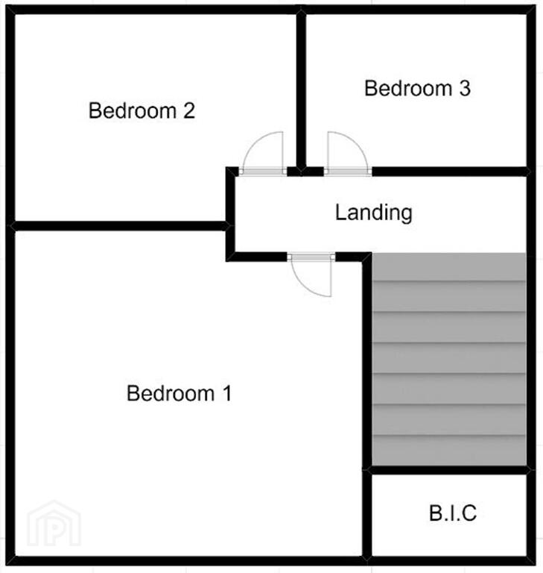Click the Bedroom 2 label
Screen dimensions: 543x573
point(142,110)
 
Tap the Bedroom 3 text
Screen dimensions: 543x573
point(417,89)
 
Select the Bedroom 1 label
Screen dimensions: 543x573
point(180,393)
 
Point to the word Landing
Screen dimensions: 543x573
point(374,213)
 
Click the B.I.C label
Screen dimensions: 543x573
point(453,513)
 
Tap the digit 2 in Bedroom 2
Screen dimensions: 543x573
point(189,110)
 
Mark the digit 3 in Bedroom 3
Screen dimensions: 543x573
point(465,89)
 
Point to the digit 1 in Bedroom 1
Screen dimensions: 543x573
point(227,393)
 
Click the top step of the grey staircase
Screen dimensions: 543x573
point(449,267)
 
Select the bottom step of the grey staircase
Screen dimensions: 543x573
point(449,450)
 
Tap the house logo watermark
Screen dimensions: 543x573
point(54,524)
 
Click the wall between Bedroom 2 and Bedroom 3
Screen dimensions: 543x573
point(301,91)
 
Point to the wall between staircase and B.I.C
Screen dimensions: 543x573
point(449,470)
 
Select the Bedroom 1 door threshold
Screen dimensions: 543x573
point(311,257)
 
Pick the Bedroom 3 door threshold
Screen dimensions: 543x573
point(348,171)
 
